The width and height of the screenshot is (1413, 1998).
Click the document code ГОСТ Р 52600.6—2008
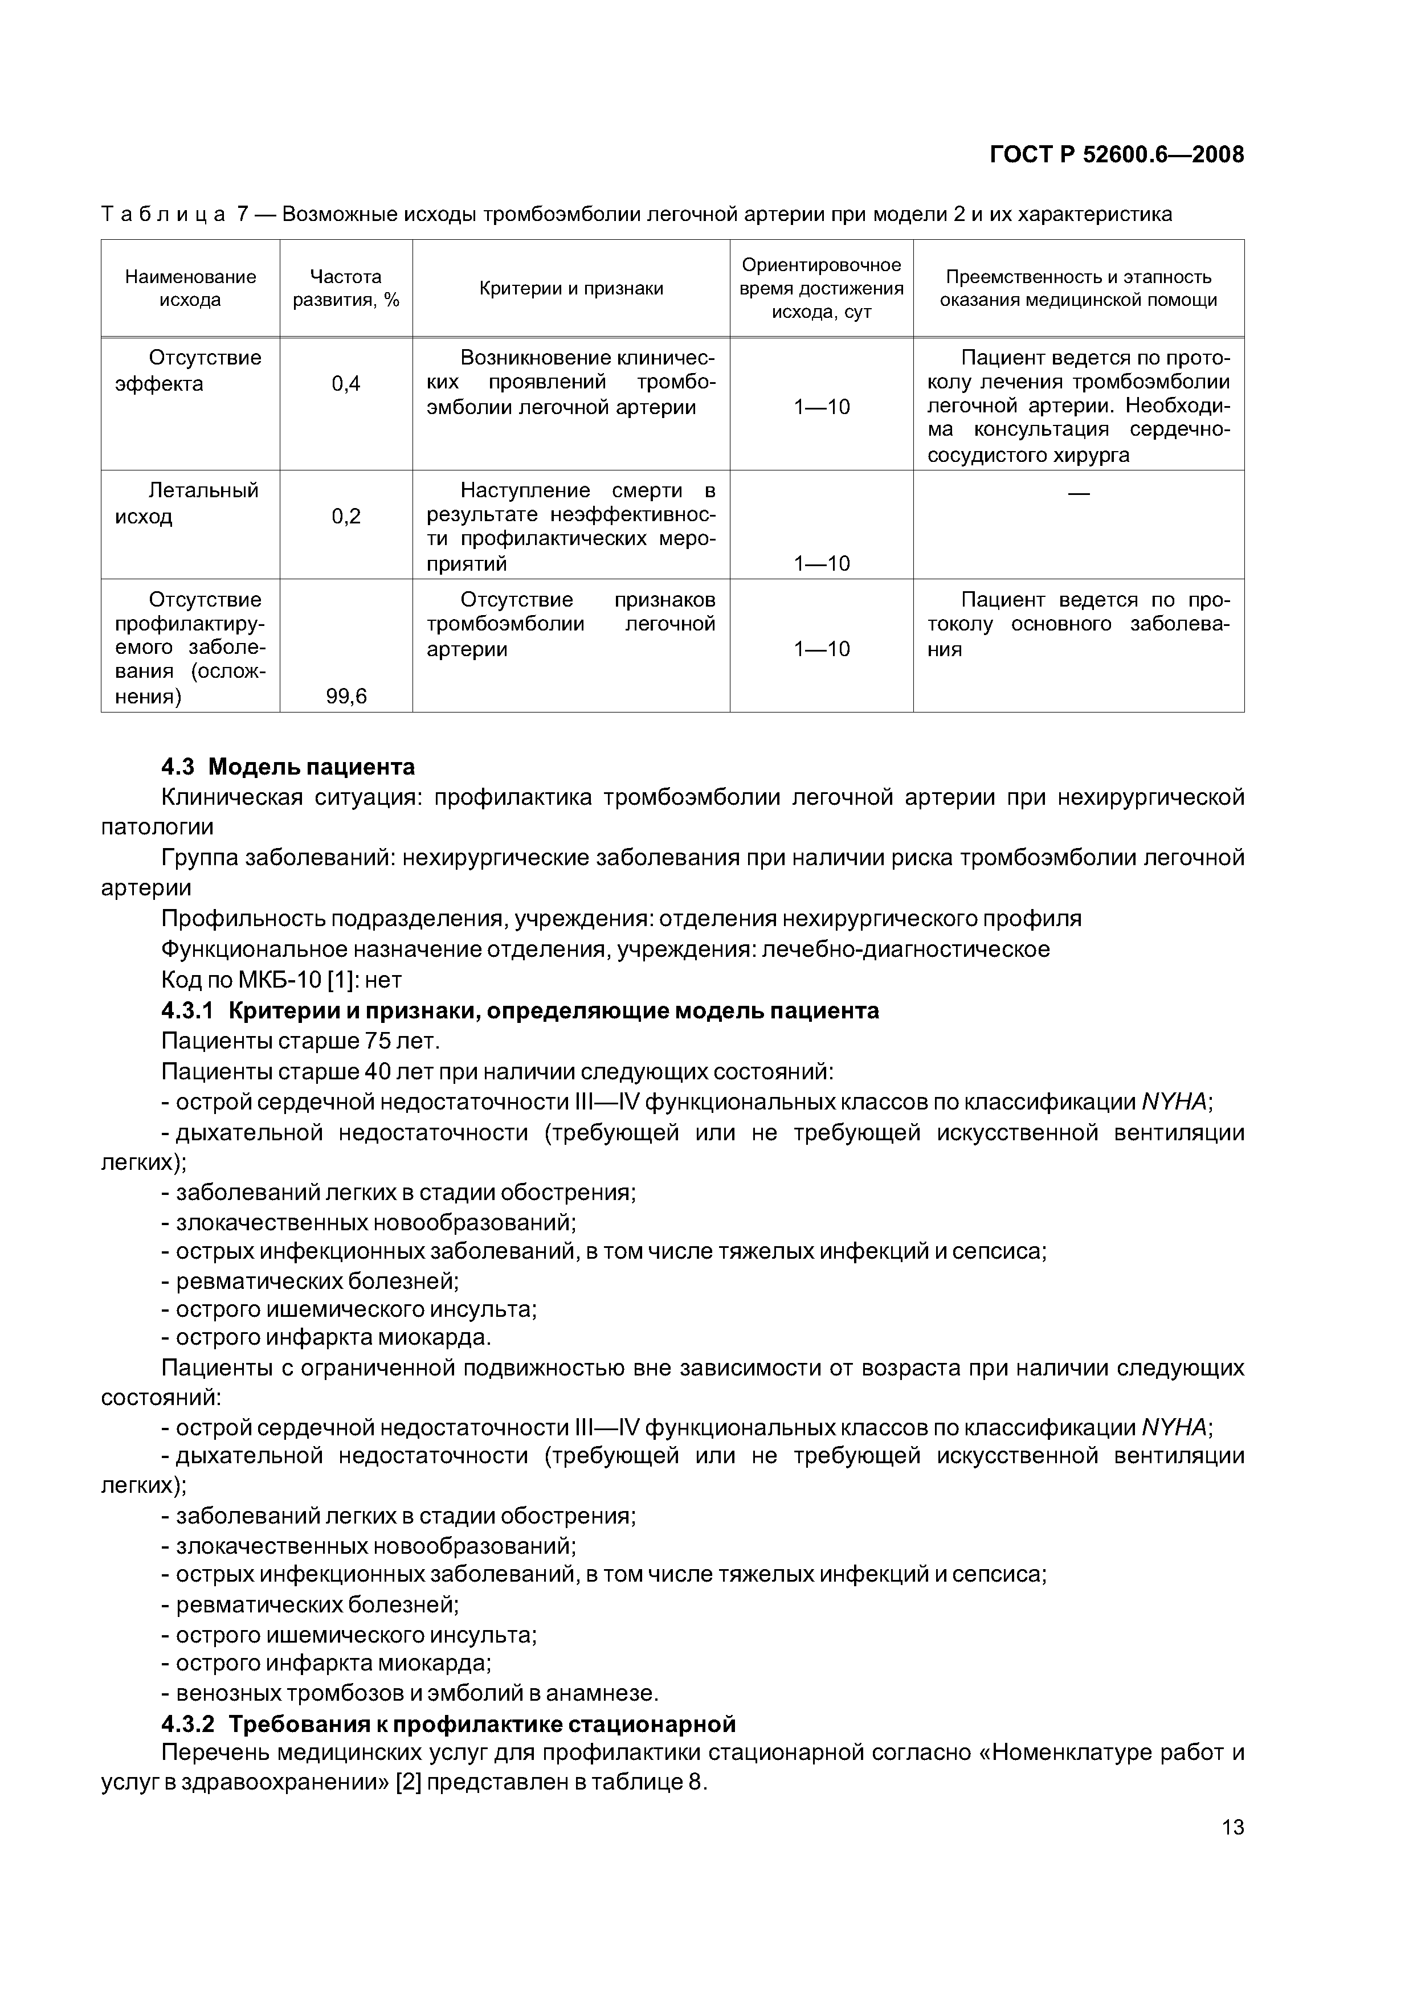tap(1117, 155)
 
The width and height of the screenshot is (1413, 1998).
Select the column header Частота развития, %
tap(346, 288)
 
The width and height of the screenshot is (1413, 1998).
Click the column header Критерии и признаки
tap(571, 289)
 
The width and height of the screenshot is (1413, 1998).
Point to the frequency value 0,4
tap(346, 384)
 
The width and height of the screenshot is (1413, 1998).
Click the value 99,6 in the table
tap(346, 696)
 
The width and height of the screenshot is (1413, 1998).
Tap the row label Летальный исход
tap(188, 503)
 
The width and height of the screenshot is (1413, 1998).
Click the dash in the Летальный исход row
tap(1078, 493)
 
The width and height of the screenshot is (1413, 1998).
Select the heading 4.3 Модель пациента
tap(288, 767)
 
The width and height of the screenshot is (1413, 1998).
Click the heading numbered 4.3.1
tap(520, 1010)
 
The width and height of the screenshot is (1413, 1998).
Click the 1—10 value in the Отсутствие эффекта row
tap(821, 407)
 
